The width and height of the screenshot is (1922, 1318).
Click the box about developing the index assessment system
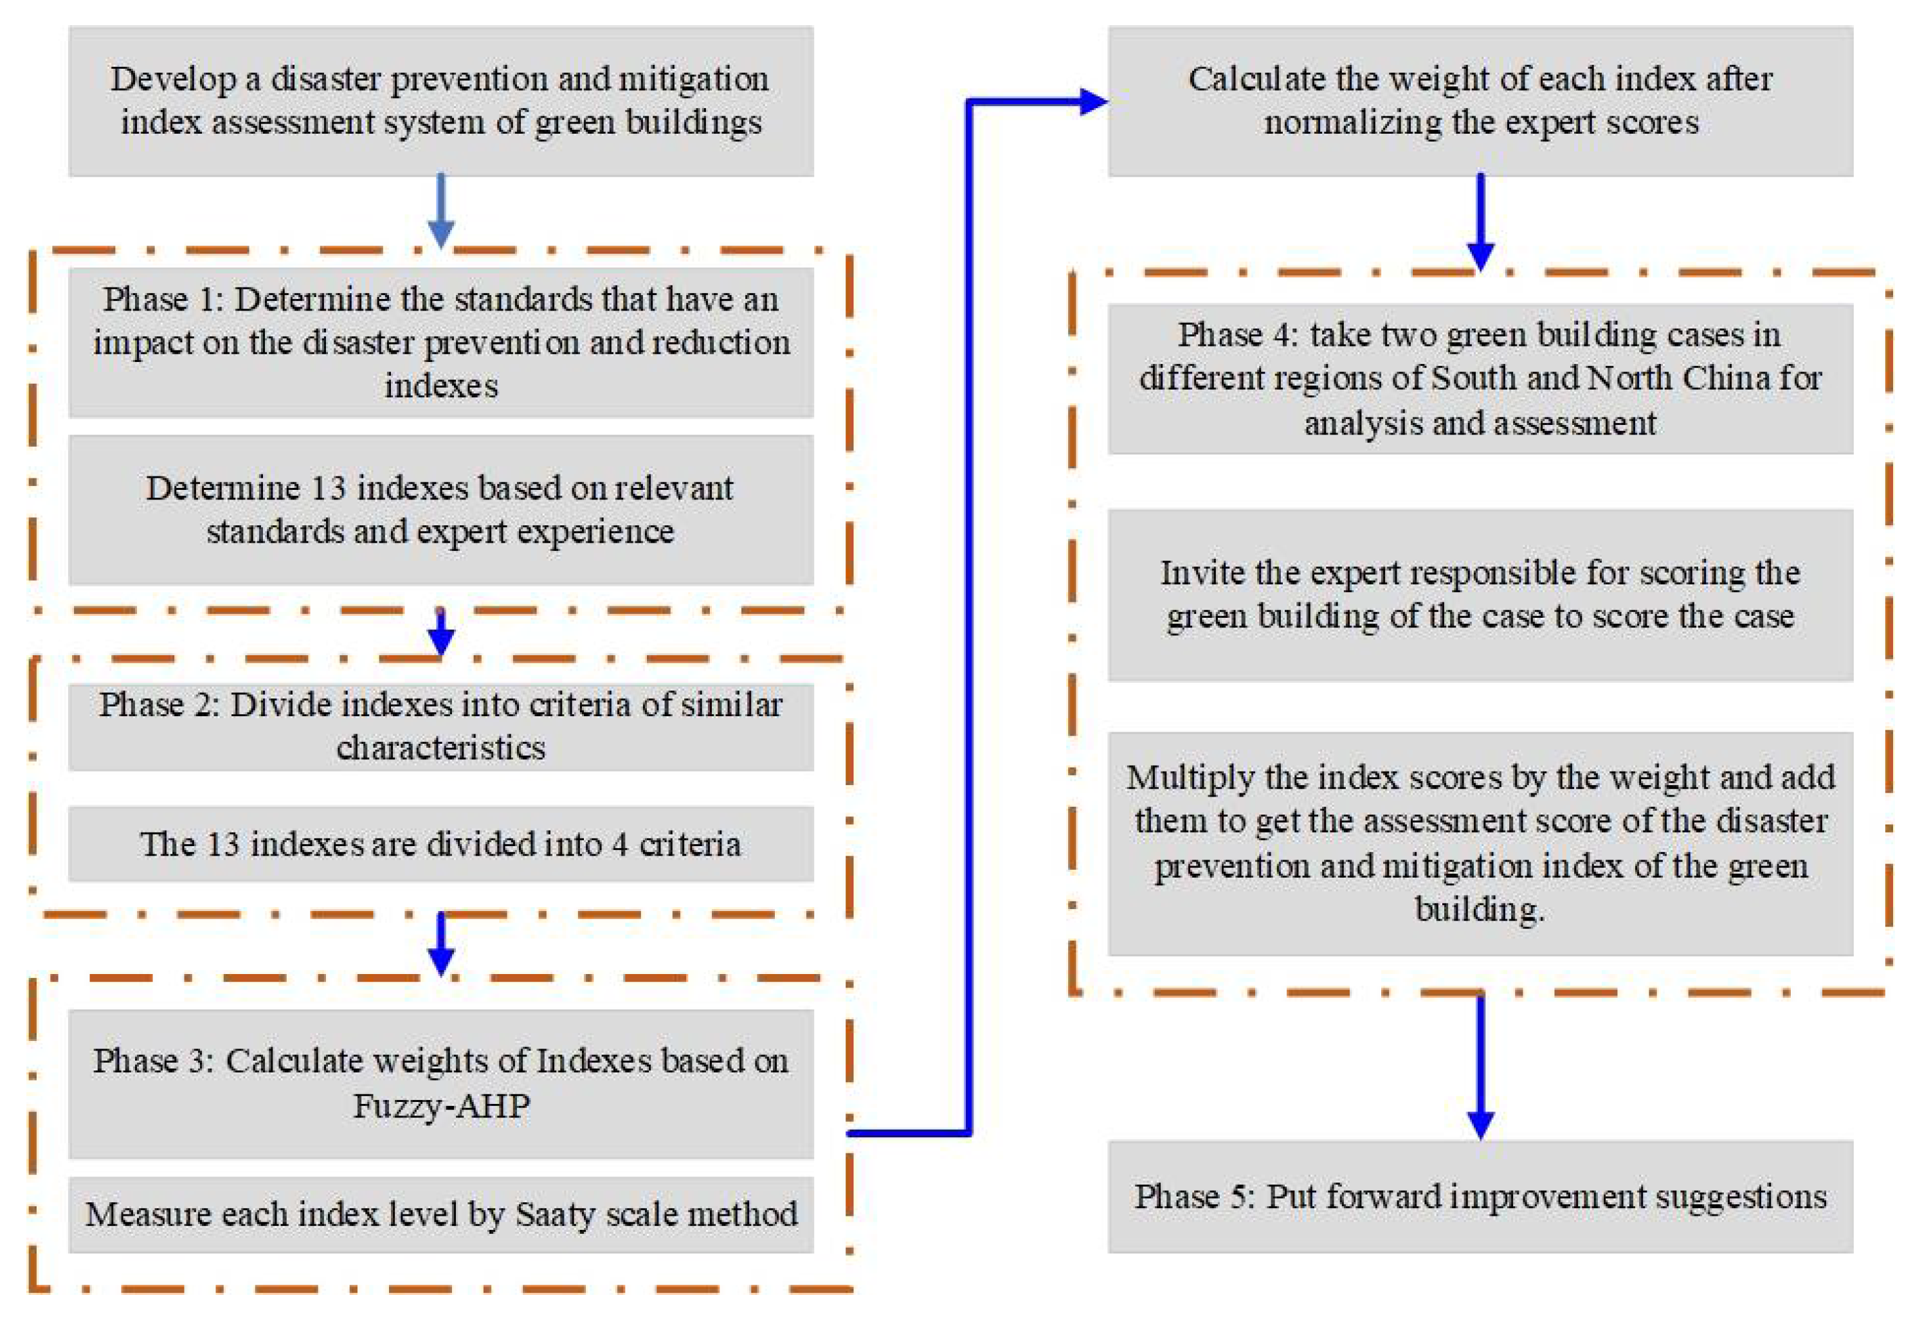[441, 101]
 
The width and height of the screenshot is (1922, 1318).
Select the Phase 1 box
[441, 341]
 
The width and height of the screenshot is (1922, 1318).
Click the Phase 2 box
[441, 726]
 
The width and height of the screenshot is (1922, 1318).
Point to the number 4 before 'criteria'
[619, 844]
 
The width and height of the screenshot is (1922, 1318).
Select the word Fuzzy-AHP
[441, 1105]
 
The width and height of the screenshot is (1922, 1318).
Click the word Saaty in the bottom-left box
[555, 1214]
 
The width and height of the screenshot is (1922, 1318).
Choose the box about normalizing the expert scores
[1480, 101]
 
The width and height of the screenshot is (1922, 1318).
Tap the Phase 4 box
[1480, 379]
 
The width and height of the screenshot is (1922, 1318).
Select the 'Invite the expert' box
[1480, 595]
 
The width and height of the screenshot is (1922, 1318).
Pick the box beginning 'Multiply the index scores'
[1480, 844]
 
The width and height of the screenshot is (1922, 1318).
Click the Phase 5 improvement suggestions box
[1480, 1196]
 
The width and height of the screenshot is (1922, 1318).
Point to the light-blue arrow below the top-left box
[441, 211]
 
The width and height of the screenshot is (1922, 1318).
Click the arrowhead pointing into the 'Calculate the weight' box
[1092, 102]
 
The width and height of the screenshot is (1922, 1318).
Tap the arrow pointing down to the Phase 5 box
[1480, 1067]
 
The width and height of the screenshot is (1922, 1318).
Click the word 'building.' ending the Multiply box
[1480, 910]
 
